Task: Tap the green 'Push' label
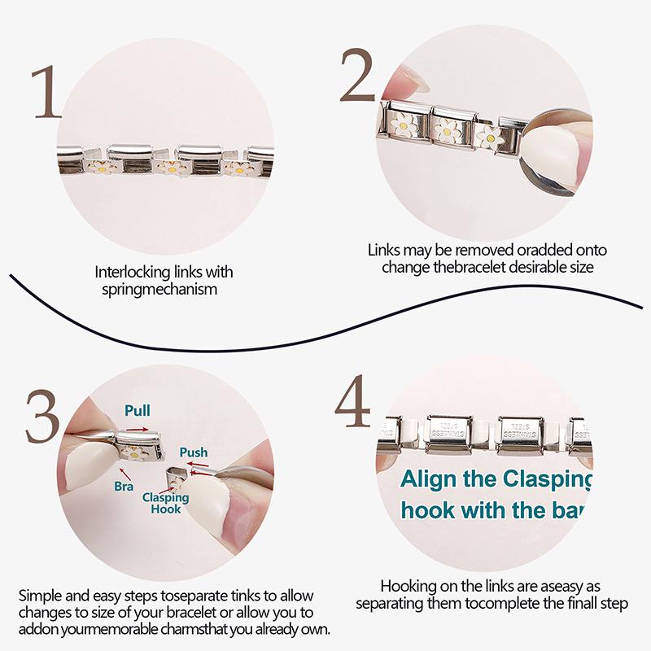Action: pyautogui.click(x=193, y=452)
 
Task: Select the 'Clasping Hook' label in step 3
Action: pyautogui.click(x=166, y=503)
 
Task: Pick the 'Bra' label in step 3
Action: pyautogui.click(x=124, y=487)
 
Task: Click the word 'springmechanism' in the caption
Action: pyautogui.click(x=155, y=289)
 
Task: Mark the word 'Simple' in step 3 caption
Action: pyautogui.click(x=38, y=595)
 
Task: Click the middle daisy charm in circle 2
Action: pyautogui.click(x=446, y=128)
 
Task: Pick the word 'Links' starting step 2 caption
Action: pyautogui.click(x=384, y=251)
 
